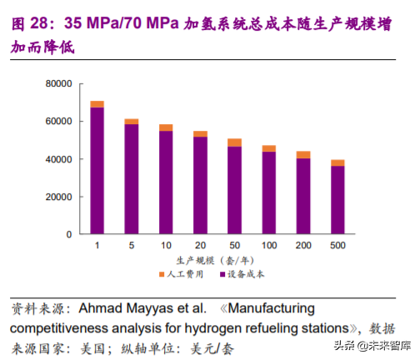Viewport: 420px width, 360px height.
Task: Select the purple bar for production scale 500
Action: [337, 200]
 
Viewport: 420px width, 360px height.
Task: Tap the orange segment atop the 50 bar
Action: [234, 142]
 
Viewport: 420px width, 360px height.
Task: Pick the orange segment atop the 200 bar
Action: [302, 154]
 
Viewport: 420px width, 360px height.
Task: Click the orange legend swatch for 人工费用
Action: [161, 273]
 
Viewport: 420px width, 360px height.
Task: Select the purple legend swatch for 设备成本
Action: [221, 273]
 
